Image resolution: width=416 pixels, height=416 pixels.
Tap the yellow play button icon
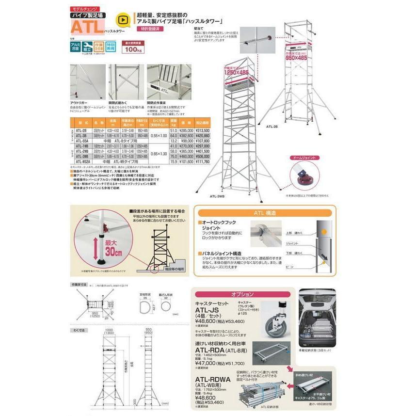click(123, 22)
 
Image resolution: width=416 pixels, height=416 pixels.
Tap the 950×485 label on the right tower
click(296, 57)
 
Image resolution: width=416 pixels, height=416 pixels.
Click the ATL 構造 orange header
click(264, 212)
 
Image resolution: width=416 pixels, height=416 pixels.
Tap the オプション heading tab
click(243, 294)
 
